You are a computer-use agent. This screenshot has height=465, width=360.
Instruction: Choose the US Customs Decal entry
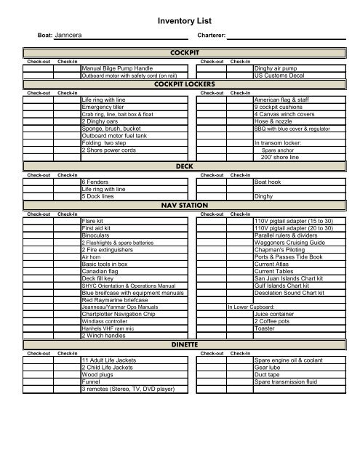click(276, 75)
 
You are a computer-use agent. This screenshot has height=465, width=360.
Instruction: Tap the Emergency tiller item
click(103, 107)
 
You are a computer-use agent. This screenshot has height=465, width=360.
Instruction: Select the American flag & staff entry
click(283, 100)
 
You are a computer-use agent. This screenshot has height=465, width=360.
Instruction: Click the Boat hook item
click(266, 182)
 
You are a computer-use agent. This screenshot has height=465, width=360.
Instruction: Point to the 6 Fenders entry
click(95, 182)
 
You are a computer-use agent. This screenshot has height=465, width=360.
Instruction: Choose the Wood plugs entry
click(97, 375)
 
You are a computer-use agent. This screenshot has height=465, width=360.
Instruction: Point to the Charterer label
click(211, 35)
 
